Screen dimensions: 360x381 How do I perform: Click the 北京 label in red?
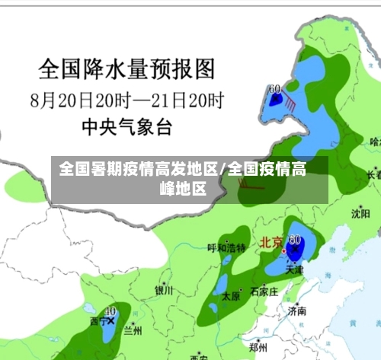[271, 243]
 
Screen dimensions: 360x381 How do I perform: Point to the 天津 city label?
[294, 269]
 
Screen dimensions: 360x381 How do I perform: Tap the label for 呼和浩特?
[226, 247]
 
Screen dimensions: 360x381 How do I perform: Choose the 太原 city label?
[230, 297]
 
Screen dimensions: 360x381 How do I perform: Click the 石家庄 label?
[264, 290]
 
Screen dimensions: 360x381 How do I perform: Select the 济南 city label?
[297, 311]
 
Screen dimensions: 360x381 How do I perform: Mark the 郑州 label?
[260, 346]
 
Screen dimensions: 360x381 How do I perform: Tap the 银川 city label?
[164, 290]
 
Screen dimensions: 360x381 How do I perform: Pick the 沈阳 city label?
[360, 214]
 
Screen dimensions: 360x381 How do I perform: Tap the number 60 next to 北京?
[295, 239]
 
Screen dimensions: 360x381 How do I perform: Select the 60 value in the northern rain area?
[274, 88]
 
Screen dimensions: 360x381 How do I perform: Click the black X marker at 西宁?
[112, 321]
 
